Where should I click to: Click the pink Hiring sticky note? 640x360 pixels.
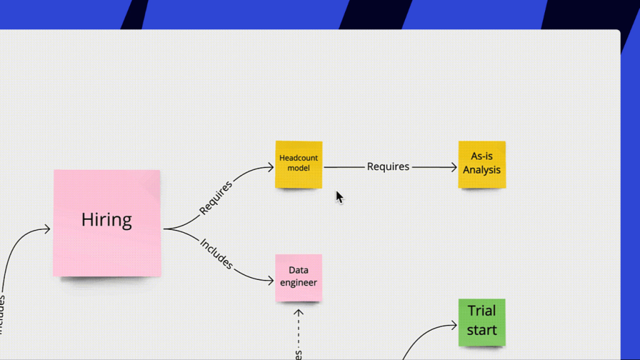coord(107,223)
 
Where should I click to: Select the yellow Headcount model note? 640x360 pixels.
coord(299,164)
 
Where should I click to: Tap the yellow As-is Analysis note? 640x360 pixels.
coord(482,164)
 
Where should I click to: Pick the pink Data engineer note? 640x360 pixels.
coord(299,277)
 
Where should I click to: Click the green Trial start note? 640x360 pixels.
coord(482,322)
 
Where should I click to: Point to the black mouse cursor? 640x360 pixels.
coord(339,197)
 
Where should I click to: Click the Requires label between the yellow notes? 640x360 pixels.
coord(388,167)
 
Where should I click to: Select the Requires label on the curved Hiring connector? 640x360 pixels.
coord(216,197)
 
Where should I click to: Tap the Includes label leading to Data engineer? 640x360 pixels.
coord(216,254)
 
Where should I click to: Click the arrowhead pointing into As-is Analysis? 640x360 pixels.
coord(454,167)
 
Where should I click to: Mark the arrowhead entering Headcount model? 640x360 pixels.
coord(271,168)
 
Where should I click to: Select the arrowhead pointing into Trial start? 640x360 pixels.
coord(454,325)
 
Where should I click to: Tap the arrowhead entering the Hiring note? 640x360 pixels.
coord(47,229)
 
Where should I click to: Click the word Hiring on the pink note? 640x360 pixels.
coord(107,220)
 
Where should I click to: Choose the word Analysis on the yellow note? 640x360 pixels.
coord(482,170)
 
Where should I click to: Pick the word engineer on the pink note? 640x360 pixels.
coord(299,282)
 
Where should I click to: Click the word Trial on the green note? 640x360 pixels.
coord(482,311)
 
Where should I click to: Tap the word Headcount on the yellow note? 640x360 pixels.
coord(299,158)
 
